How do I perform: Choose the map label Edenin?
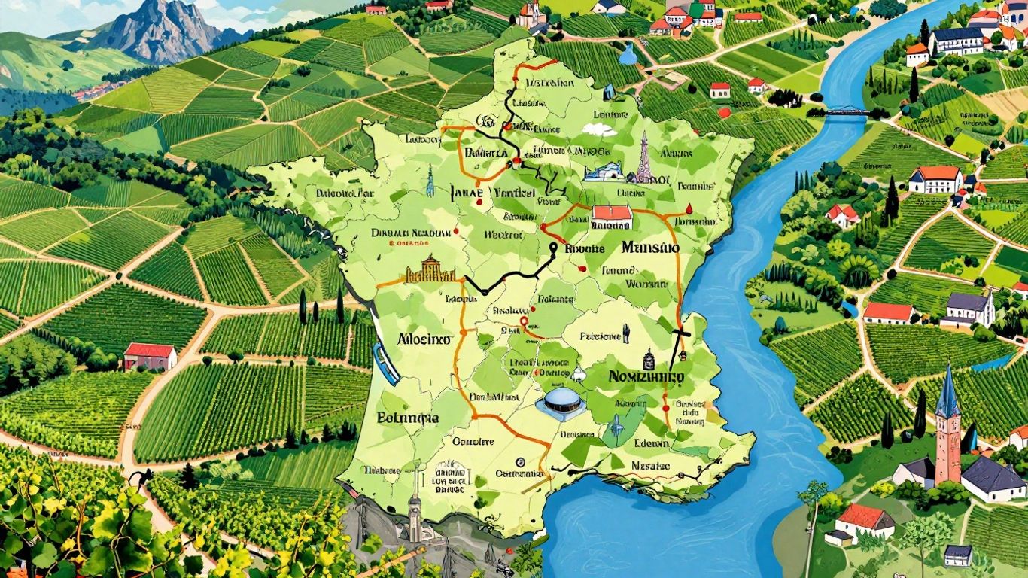[x=651, y=443]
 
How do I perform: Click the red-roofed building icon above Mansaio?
[x=611, y=216]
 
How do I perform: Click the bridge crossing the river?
[x=849, y=112]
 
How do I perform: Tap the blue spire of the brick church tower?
[x=947, y=391]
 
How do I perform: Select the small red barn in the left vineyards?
[x=150, y=355]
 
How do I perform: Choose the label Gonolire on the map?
[x=472, y=442]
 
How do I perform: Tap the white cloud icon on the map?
[x=599, y=129]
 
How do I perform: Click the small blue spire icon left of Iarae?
[x=430, y=181]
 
